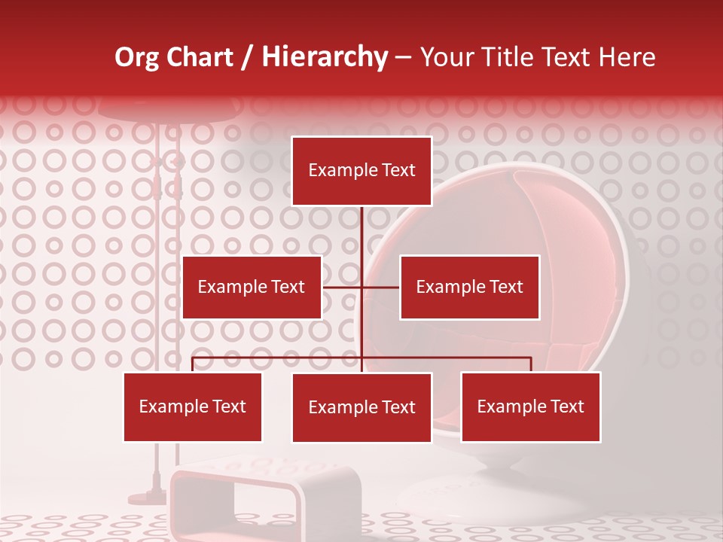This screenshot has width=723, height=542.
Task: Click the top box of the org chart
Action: pyautogui.click(x=361, y=171)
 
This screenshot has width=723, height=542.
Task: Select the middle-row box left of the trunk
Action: pyautogui.click(x=252, y=287)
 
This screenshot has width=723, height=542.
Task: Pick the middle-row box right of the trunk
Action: pyautogui.click(x=469, y=287)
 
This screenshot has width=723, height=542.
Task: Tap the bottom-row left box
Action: pyautogui.click(x=193, y=406)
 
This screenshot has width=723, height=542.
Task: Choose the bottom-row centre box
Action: pyautogui.click(x=361, y=407)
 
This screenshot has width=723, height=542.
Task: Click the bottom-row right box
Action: pyautogui.click(x=530, y=406)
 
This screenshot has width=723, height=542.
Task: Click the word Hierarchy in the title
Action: pyautogui.click(x=324, y=57)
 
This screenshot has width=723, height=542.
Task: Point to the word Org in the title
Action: pyautogui.click(x=136, y=57)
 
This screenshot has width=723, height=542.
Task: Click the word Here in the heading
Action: pyautogui.click(x=627, y=57)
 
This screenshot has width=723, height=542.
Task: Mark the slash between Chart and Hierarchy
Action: pyautogui.click(x=247, y=57)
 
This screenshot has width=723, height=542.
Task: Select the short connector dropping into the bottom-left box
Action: pyautogui.click(x=193, y=364)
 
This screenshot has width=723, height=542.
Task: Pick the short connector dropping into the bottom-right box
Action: pyautogui.click(x=530, y=364)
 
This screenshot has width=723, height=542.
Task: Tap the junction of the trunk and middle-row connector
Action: pyautogui.click(x=361, y=287)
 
